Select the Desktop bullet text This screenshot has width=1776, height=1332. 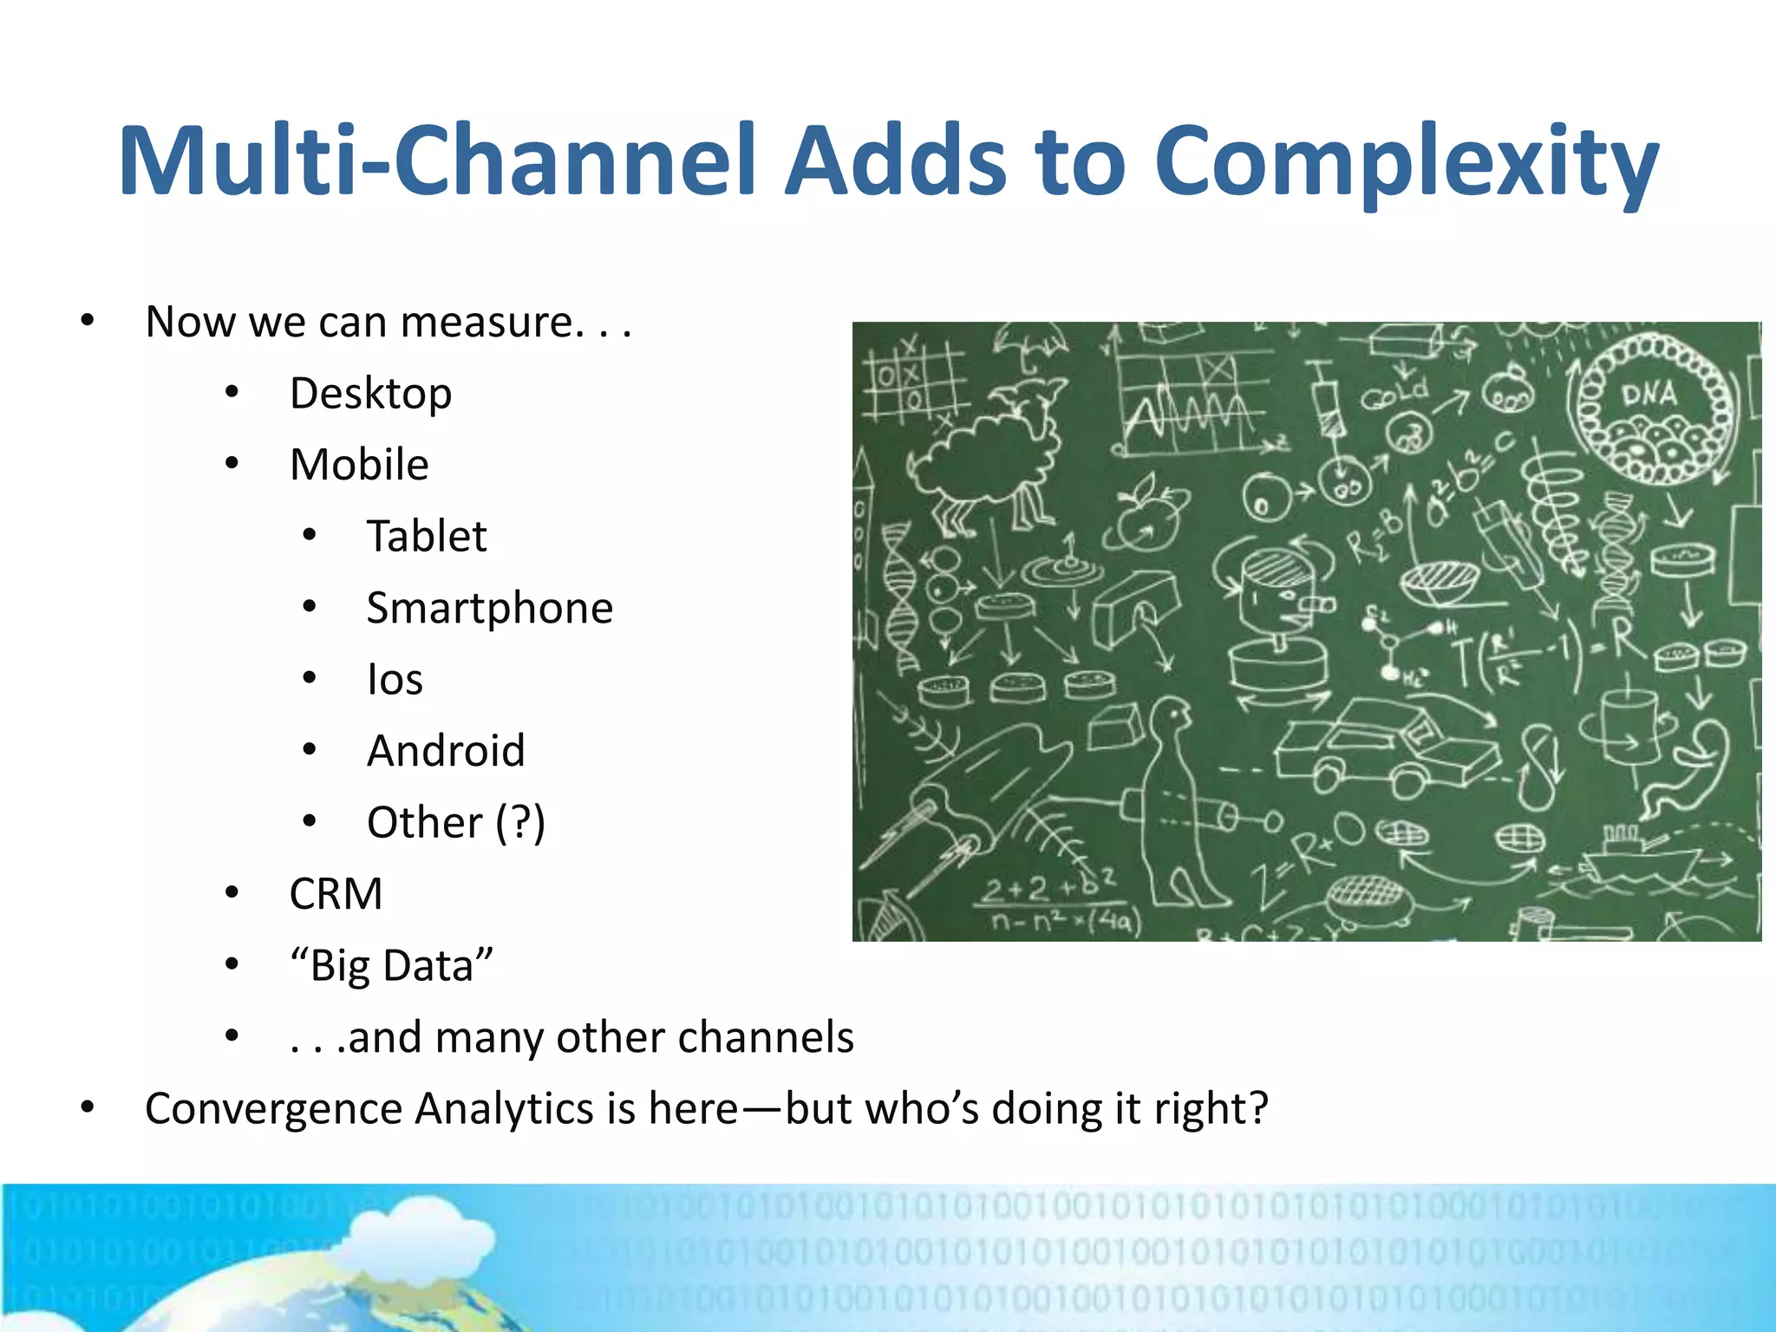click(370, 394)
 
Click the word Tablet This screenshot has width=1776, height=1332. click(426, 536)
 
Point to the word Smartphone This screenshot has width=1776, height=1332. click(489, 608)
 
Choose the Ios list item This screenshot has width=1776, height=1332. click(395, 679)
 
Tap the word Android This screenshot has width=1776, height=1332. click(446, 751)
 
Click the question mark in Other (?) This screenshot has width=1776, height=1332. click(519, 822)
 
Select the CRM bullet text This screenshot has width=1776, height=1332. click(336, 894)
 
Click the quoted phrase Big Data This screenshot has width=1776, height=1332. click(391, 965)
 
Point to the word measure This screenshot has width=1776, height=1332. click(486, 322)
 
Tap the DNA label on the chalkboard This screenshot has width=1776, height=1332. click(1648, 395)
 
